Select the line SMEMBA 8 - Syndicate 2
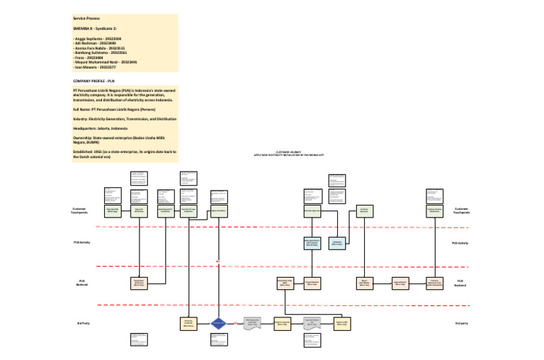pyautogui.click(x=96, y=27)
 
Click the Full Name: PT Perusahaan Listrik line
pyautogui.click(x=116, y=109)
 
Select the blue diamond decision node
pyautogui.click(x=219, y=323)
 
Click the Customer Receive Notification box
pyautogui.click(x=435, y=210)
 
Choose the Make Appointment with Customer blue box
pyautogui.click(x=312, y=242)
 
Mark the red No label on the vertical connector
pyautogui.click(x=219, y=263)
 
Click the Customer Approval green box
pyautogui.click(x=364, y=210)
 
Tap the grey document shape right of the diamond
pyautogui.click(x=254, y=323)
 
